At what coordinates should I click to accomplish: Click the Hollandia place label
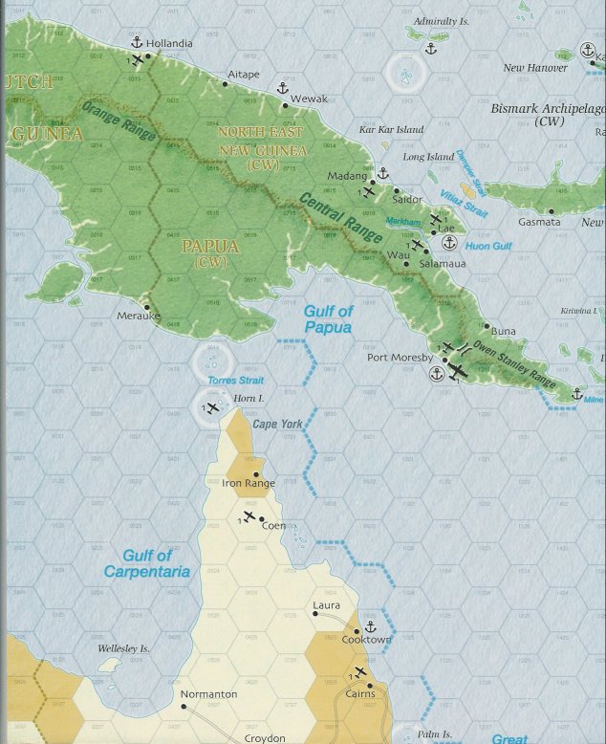(170, 44)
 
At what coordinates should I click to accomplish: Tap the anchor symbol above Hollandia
(136, 41)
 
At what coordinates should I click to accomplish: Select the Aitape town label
(244, 75)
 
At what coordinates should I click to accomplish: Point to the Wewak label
(309, 98)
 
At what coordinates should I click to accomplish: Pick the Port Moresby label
(400, 359)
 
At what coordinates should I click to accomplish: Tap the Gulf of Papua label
(328, 319)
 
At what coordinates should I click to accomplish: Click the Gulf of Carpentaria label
(156, 563)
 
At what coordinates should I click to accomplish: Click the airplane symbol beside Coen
(249, 517)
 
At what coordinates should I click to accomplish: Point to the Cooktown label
(367, 640)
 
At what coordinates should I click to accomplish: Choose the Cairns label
(359, 694)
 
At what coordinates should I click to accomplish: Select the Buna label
(503, 331)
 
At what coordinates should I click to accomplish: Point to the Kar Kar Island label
(390, 129)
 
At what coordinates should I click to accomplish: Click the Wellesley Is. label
(124, 649)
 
